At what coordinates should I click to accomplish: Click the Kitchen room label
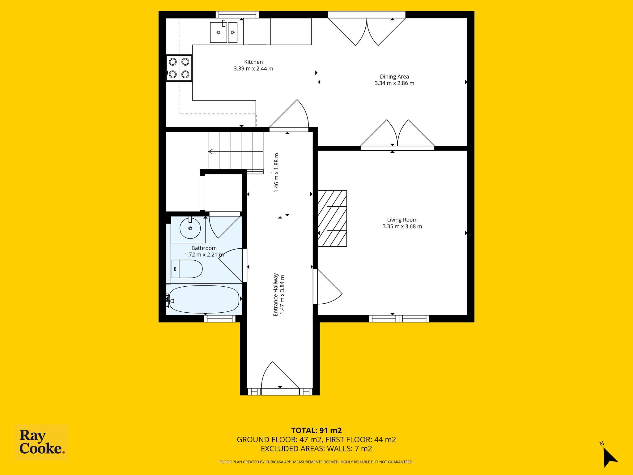coord(253,62)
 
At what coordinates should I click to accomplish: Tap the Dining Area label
coord(394,76)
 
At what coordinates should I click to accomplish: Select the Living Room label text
coord(402,220)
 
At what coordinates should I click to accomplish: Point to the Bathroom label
coord(204,248)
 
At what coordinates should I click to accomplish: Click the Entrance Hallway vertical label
coord(276,294)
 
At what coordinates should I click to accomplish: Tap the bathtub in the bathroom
coord(204,299)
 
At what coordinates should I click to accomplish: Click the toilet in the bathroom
coord(187,269)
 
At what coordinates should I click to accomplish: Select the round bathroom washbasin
coord(190,228)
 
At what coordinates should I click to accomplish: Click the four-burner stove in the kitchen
coord(179,68)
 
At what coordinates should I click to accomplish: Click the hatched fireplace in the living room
coord(332,218)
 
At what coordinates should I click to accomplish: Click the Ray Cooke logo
coord(41,443)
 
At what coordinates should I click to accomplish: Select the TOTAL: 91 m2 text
coord(316,430)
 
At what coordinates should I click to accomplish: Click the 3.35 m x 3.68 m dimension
coord(402,226)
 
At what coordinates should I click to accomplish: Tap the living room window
coord(399,319)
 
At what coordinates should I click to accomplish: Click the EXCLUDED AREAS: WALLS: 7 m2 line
coord(316,449)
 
